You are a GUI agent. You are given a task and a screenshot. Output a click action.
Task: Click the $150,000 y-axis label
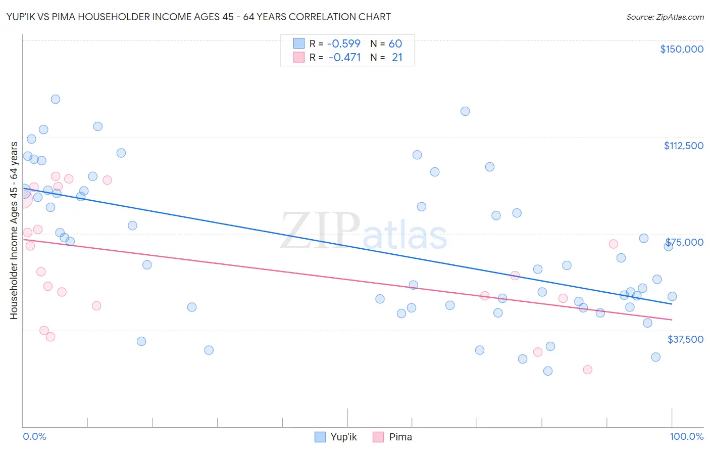tap(681, 49)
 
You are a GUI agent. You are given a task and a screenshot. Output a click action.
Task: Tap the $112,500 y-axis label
tap(683, 146)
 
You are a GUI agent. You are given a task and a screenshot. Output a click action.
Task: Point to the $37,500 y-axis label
tap(685, 339)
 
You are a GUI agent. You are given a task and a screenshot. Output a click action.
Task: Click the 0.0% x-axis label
tap(34, 437)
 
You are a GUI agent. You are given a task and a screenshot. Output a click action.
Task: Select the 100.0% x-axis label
tap(686, 437)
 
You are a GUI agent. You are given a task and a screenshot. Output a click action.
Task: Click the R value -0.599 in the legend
tap(344, 44)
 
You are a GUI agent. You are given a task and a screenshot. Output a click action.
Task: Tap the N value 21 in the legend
tap(397, 58)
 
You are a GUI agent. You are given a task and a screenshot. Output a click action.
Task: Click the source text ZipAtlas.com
tap(680, 17)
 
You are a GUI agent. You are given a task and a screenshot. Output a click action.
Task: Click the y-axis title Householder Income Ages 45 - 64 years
tap(14, 231)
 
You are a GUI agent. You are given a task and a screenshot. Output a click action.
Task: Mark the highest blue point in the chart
tap(56, 99)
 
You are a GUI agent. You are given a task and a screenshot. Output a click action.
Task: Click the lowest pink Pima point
tap(587, 370)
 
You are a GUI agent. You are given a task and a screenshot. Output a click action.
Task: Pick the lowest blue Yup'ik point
tap(547, 371)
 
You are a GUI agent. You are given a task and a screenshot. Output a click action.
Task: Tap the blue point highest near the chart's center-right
tap(465, 111)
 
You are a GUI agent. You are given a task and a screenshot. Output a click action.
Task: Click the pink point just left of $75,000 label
tap(614, 244)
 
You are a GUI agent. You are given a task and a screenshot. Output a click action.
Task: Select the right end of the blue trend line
tap(672, 304)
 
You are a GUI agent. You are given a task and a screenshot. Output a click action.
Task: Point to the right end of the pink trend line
tap(672, 320)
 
